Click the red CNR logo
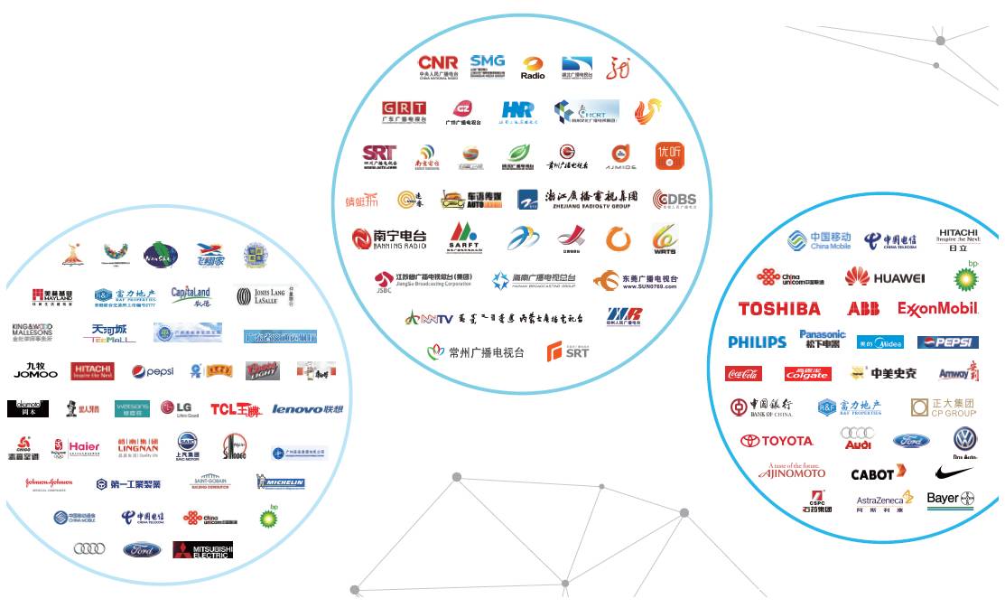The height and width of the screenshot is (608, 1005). coord(438,67)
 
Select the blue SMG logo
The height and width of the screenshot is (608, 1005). coord(488,66)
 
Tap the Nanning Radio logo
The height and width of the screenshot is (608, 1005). coord(389,239)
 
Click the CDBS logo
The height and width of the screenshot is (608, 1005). coord(675,200)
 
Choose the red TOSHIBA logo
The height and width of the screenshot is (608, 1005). coord(779,309)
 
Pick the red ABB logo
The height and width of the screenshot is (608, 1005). coord(863,309)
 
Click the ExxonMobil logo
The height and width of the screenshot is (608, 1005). coord(938,309)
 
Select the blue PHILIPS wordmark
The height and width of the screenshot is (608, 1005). coord(757,342)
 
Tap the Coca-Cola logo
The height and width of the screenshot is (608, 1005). coord(743,373)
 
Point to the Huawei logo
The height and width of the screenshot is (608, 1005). coord(885,277)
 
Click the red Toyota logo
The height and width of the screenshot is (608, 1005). coord(777,441)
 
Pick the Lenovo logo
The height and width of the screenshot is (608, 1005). coord(307,409)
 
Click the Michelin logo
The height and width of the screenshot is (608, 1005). coord(281,482)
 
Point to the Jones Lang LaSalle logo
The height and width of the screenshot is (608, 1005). coord(265,295)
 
